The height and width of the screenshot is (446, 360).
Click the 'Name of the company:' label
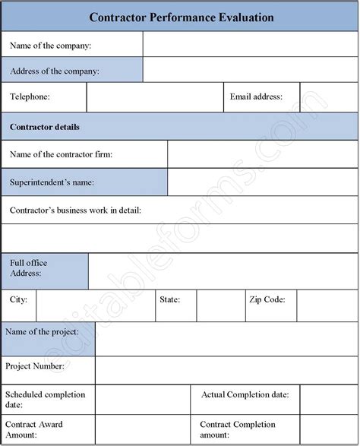pyautogui.click(x=50, y=46)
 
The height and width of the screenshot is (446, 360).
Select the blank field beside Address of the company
pyautogui.click(x=250, y=71)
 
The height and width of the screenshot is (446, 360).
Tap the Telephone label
pyautogui.click(x=30, y=97)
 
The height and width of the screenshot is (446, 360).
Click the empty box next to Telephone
pyautogui.click(x=155, y=97)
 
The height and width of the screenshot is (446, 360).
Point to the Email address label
pyautogui.click(x=256, y=97)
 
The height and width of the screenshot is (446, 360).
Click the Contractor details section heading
pyautogui.click(x=45, y=127)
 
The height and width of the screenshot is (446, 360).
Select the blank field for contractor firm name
pyautogui.click(x=262, y=154)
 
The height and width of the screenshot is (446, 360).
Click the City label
pyautogui.click(x=19, y=300)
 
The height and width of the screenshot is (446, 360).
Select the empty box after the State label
pyautogui.click(x=219, y=305)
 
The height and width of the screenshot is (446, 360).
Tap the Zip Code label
pyautogui.click(x=267, y=300)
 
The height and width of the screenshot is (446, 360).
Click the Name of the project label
pyautogui.click(x=43, y=332)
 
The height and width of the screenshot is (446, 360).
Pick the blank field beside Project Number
pyautogui.click(x=226, y=370)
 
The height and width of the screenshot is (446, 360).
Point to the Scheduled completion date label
pyautogui.click(x=45, y=400)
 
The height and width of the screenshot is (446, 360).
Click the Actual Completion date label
pyautogui.click(x=245, y=395)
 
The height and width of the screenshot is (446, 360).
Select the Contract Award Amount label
pyautogui.click(x=34, y=429)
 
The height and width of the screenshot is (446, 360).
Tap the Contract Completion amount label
pyautogui.click(x=238, y=429)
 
